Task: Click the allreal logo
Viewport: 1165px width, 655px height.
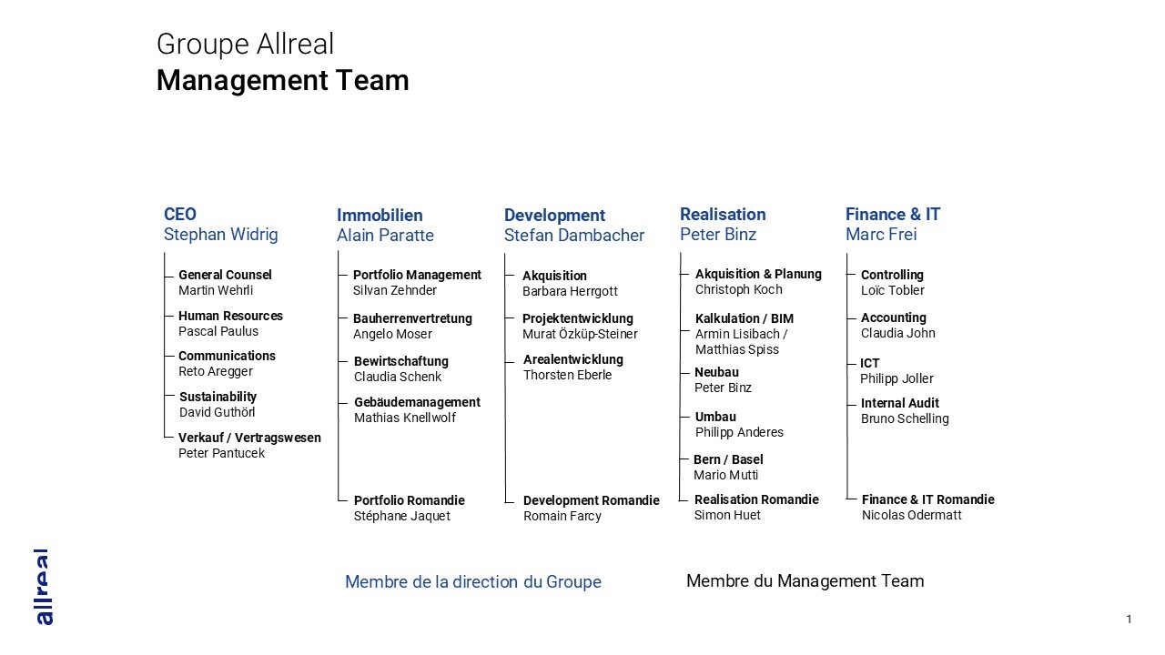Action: pos(44,587)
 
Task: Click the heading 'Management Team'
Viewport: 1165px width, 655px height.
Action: pos(283,81)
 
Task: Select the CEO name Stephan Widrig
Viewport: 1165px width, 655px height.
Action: pos(221,235)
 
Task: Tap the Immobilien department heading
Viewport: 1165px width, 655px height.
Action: pos(380,216)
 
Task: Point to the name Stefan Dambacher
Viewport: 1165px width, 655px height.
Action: pos(574,236)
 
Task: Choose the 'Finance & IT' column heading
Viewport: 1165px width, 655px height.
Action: pos(893,214)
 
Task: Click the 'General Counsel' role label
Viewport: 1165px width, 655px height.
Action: pos(225,275)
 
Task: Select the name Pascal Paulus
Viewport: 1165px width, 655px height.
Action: pos(218,331)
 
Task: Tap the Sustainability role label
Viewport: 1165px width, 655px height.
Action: pos(218,397)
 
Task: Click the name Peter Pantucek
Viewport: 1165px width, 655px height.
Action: pos(221,453)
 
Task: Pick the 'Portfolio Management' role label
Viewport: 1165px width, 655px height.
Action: pos(417,275)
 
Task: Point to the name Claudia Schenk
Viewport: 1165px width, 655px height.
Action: pos(398,377)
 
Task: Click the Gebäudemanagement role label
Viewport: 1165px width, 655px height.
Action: pos(417,402)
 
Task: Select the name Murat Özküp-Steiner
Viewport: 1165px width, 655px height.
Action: pos(580,334)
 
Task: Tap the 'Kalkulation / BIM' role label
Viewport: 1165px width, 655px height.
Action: pos(745,318)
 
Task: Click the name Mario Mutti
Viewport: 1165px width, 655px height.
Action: pos(725,475)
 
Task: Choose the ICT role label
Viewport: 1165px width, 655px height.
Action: pos(869,363)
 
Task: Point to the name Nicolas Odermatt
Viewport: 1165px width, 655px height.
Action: pos(912,515)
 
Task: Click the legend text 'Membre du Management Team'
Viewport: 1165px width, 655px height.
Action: pos(805,581)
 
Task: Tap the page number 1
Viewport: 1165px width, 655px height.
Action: pos(1129,620)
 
